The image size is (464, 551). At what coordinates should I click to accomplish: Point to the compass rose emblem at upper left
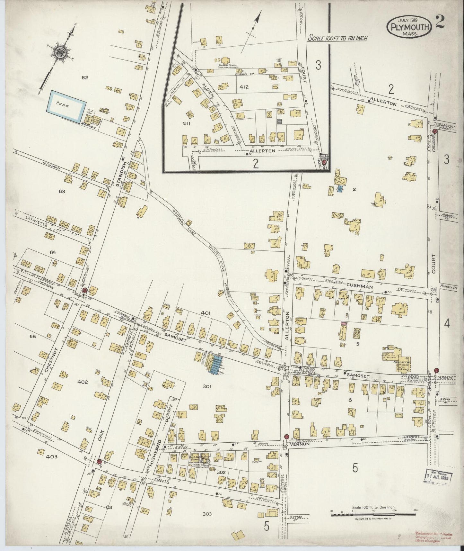coord(59,53)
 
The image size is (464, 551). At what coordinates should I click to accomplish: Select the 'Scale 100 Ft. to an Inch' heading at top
coord(337,38)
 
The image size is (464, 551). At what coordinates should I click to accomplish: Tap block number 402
coord(83,382)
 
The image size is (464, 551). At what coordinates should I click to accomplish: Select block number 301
coord(206,387)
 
